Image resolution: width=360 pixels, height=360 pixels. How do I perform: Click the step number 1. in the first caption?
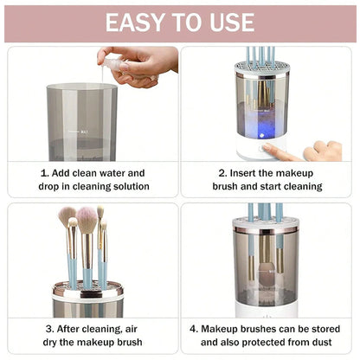coord(45,172)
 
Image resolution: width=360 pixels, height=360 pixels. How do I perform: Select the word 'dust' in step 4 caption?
coord(316,343)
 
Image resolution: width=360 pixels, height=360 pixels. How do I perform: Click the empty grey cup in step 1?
coord(82,121)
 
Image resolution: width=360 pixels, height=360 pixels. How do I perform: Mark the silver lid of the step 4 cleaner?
coord(265,224)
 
